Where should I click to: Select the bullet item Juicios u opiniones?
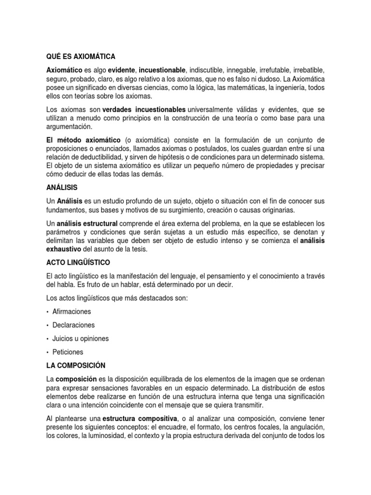(81, 338)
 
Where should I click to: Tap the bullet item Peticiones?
(68, 352)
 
